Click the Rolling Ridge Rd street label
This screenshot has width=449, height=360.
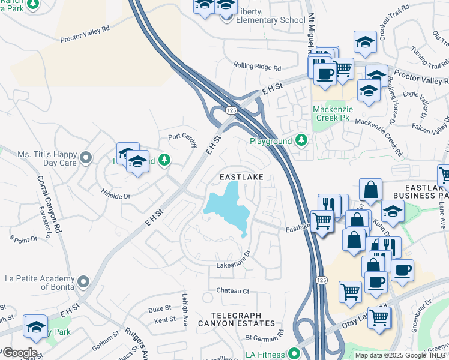click(257, 68)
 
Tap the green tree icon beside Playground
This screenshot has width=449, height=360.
click(301, 141)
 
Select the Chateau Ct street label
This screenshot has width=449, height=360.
click(232, 291)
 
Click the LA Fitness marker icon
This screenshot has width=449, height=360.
click(294, 353)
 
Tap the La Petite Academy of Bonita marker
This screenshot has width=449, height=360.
click(83, 281)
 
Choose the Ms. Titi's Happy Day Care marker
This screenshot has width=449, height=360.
click(86, 158)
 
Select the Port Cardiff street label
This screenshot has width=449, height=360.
click(182, 136)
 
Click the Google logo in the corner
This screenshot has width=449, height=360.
click(19, 353)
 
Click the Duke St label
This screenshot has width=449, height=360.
click(160, 310)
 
